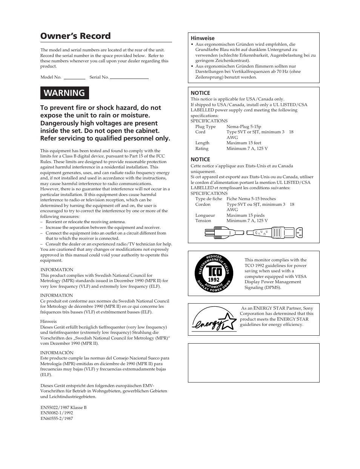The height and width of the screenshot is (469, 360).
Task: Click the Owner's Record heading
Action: (75, 36)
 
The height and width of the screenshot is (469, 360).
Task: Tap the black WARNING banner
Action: (65, 93)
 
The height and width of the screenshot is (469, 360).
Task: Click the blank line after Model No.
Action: (74, 78)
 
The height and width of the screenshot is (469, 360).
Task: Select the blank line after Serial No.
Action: (129, 78)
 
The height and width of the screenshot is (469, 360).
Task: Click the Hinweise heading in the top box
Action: (202, 38)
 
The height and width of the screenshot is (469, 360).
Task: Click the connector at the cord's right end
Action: (294, 232)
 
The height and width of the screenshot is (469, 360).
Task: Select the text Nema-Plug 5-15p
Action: (244, 127)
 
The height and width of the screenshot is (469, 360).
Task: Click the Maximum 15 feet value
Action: (244, 143)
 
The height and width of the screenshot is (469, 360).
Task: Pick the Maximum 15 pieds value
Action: (245, 216)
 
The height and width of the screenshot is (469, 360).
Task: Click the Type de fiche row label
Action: (209, 199)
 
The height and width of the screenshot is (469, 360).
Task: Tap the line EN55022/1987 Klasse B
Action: (63, 408)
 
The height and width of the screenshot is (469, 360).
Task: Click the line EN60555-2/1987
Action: (57, 419)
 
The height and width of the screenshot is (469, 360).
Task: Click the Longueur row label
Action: (205, 216)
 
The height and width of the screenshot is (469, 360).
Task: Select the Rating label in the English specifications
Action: (202, 149)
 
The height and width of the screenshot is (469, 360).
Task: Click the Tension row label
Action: (203, 221)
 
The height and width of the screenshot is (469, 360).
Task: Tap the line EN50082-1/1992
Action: (57, 413)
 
